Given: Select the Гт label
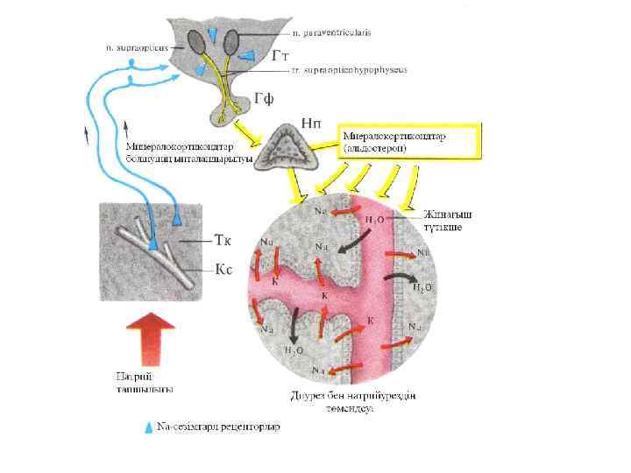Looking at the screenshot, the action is (x=280, y=54).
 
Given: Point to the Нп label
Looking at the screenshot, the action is (x=311, y=124).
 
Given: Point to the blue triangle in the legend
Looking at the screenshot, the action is (x=147, y=427).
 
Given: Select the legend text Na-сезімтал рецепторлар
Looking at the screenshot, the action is (x=218, y=427).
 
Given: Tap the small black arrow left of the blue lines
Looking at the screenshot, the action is (x=86, y=135).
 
